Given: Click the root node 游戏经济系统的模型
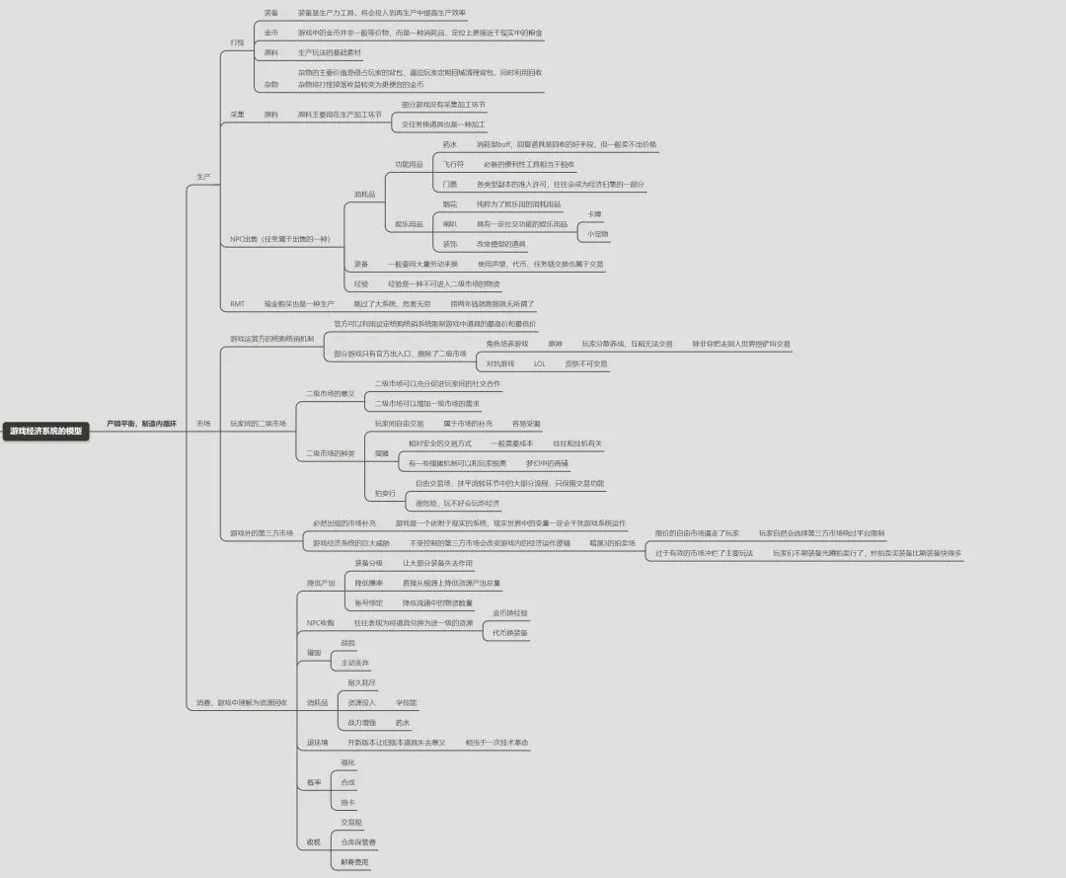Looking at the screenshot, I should click(46, 431).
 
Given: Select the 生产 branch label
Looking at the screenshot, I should click(202, 177).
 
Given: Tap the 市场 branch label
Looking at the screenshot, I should click(202, 423).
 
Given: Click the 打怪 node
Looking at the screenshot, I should click(236, 42).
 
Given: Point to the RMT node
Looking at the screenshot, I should click(237, 304).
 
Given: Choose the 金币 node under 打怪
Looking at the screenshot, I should click(270, 33).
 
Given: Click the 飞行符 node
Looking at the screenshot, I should click(453, 164).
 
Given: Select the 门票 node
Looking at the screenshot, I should click(450, 184).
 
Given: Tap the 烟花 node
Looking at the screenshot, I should click(450, 203).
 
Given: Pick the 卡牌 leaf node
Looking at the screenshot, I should click(594, 214).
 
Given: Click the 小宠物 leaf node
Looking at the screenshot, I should click(598, 234).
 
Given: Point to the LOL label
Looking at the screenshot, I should click(539, 363).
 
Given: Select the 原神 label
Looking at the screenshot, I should click(555, 344).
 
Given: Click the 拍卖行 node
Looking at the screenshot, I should click(385, 492).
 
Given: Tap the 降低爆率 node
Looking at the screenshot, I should click(368, 583).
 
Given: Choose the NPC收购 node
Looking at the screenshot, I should click(320, 623).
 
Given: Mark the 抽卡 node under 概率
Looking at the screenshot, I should click(347, 802).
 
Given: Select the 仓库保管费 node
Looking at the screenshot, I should click(358, 841).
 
